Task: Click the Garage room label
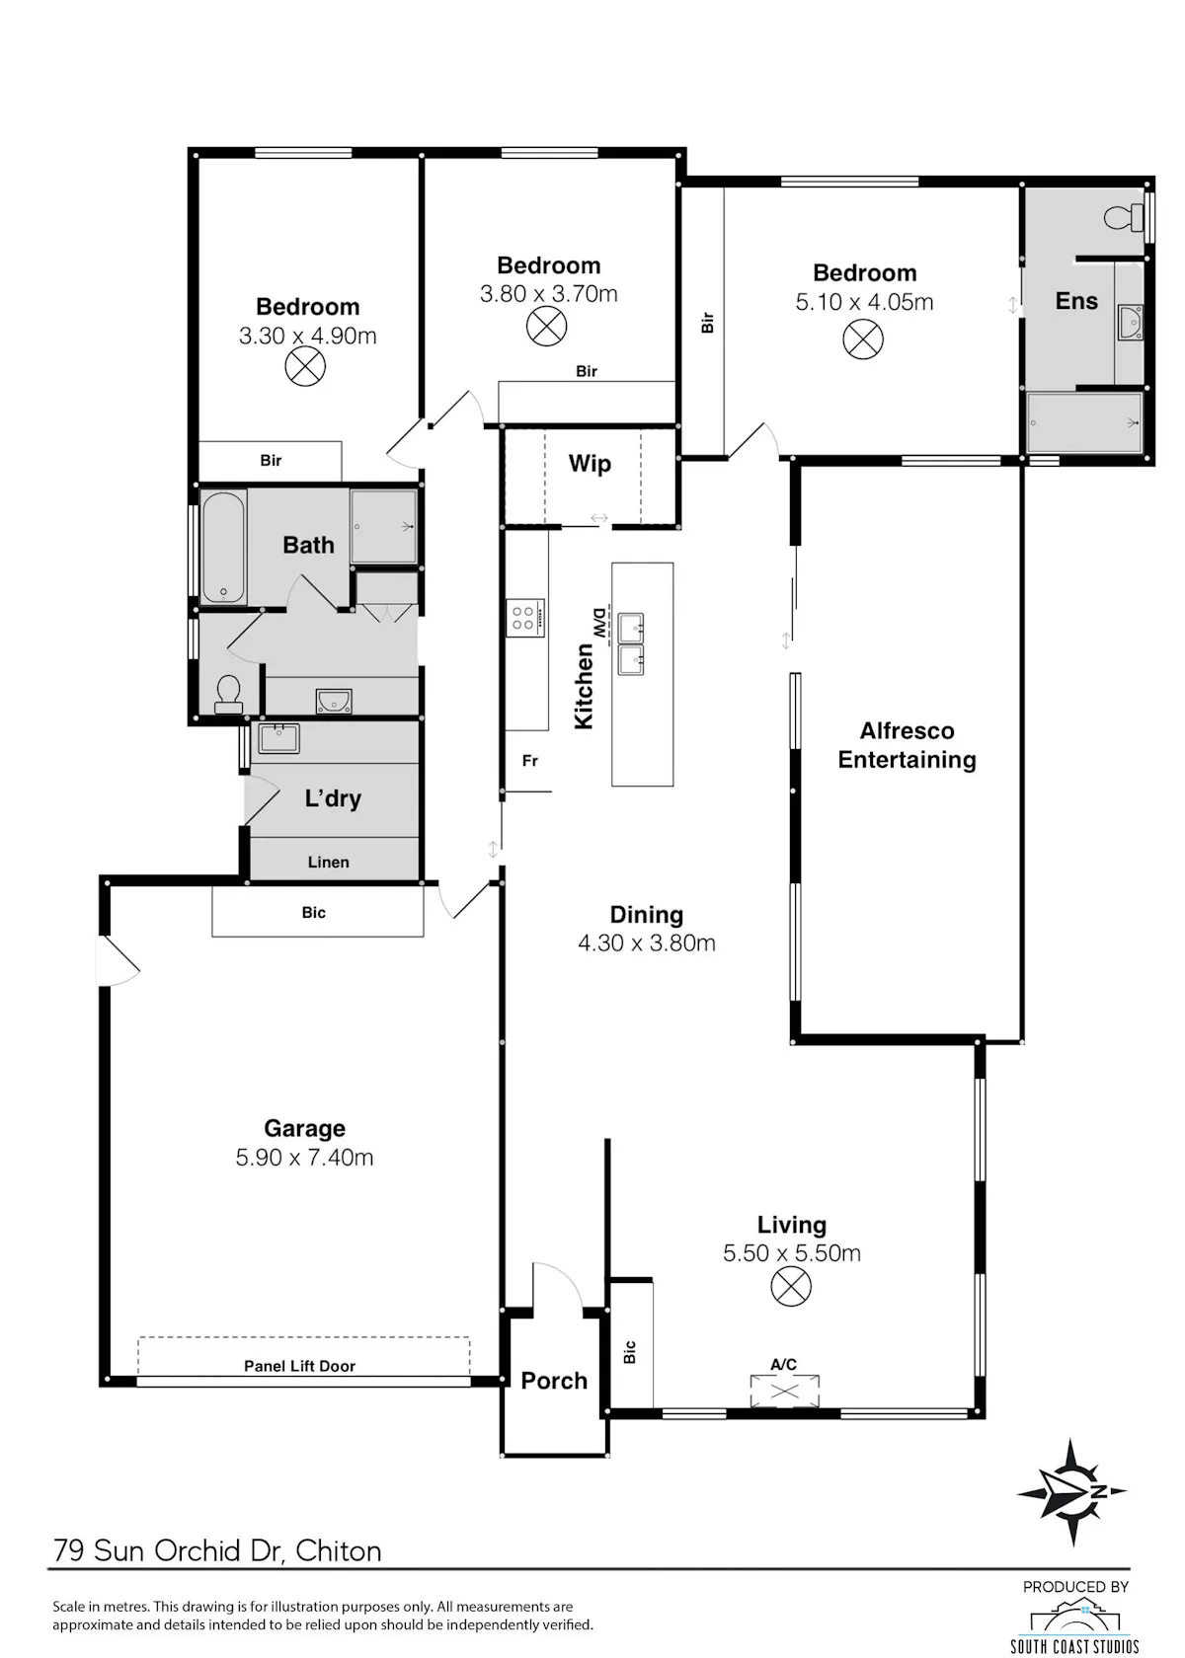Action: tap(304, 1128)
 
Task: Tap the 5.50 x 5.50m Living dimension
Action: tap(792, 1253)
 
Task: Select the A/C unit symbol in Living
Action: tap(784, 1391)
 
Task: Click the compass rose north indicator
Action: tap(1071, 1491)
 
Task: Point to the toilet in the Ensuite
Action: tap(1124, 217)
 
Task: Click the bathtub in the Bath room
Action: tap(223, 548)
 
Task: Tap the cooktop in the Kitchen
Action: tap(525, 618)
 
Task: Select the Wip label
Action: tap(590, 464)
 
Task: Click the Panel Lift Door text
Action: tap(300, 1366)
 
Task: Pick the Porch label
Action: tap(554, 1381)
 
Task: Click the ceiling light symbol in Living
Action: tap(791, 1287)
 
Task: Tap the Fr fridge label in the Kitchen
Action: tap(529, 760)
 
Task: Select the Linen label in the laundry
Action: tap(328, 863)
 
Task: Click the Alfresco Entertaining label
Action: tap(907, 745)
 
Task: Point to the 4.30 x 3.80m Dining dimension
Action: tap(647, 943)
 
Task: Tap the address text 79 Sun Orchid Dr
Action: tap(170, 1550)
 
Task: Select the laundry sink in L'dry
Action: tap(279, 738)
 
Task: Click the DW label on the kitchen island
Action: tap(597, 624)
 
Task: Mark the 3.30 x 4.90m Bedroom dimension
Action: tap(307, 336)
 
